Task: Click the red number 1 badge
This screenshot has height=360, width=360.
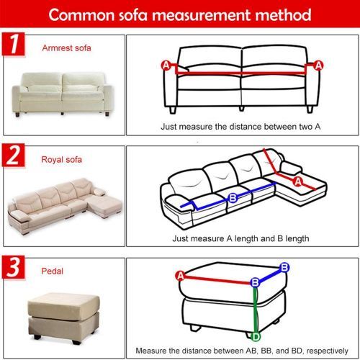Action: (14, 44)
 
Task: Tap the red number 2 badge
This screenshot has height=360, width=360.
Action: (14, 156)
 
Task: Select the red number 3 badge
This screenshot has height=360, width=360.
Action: (14, 267)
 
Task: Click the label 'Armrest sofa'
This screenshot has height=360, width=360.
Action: (66, 48)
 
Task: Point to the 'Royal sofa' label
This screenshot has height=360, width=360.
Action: (61, 160)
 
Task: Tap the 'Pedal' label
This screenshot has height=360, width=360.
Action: (52, 271)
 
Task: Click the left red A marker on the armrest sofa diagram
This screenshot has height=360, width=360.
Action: (166, 66)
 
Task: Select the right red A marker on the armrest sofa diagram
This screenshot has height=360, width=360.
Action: (318, 66)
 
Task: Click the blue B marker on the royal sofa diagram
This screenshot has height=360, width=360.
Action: (233, 198)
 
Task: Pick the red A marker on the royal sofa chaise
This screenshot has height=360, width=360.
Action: (298, 181)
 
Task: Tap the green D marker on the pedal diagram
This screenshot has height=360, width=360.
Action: (256, 337)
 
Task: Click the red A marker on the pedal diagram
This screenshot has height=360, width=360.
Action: (180, 276)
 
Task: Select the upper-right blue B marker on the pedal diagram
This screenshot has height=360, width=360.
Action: (284, 267)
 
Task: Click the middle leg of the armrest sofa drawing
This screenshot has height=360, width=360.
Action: (241, 109)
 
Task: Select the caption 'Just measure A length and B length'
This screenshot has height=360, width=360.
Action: (240, 238)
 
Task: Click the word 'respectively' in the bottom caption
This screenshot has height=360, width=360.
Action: (328, 351)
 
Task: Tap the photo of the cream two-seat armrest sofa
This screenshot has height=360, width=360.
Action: (63, 94)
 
